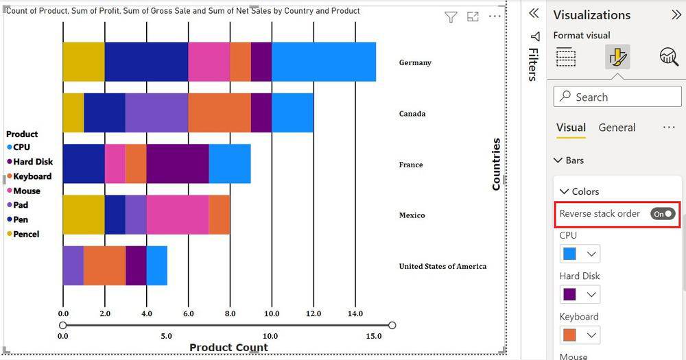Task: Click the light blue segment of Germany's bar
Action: [324, 62]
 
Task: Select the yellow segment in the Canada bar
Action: [73, 113]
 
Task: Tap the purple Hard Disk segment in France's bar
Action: [177, 164]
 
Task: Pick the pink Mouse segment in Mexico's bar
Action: [177, 215]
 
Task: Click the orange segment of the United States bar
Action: [104, 265]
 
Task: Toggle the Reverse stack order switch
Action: [663, 214]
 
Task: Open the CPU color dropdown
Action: [580, 254]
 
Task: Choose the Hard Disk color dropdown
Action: [580, 295]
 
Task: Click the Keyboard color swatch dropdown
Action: [580, 335]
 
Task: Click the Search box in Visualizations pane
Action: [617, 97]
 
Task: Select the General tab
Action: [617, 128]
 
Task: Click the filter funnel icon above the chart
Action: [451, 17]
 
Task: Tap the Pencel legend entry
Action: [26, 235]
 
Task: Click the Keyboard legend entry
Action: [32, 176]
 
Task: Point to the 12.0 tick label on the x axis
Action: [314, 314]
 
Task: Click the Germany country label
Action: [415, 62]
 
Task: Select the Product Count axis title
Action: [228, 348]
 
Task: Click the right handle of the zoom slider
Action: [392, 326]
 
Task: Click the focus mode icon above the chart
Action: [473, 17]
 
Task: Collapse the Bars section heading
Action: [569, 160]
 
